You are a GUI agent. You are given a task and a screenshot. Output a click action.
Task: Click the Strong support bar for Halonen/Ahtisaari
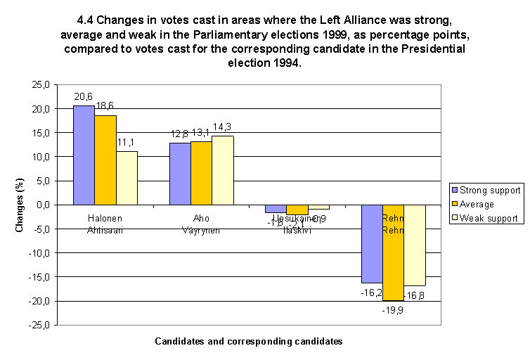pos(84,155)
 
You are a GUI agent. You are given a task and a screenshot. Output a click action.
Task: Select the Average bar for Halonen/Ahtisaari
pos(105,160)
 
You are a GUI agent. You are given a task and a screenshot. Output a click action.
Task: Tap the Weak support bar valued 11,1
pos(127,178)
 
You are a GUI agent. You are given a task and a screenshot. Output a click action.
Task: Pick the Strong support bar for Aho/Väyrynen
pos(180,174)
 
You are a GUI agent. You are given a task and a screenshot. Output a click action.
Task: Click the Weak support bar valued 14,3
pos(223,170)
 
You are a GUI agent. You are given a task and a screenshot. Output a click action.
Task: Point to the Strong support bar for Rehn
pos(372,243)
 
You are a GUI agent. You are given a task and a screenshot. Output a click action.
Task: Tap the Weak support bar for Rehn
pos(414,245)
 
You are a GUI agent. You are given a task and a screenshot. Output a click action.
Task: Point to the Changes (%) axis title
pos(22,205)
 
